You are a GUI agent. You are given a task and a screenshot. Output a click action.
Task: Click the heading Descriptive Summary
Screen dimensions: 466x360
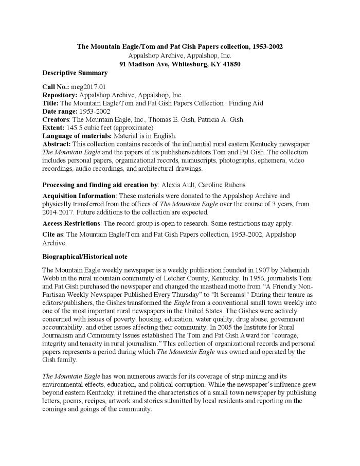point(75,73)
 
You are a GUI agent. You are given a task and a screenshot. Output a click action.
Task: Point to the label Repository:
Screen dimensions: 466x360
point(59,95)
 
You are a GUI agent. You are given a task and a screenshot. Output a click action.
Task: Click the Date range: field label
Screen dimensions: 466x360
point(60,112)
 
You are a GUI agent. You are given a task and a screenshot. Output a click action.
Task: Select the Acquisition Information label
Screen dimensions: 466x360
point(79,196)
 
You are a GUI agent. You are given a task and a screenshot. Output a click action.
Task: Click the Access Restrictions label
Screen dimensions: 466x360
point(71,223)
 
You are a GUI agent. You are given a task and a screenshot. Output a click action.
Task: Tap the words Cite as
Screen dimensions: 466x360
point(53,235)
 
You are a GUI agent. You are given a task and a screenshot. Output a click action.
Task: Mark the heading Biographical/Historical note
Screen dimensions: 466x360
point(85,257)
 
